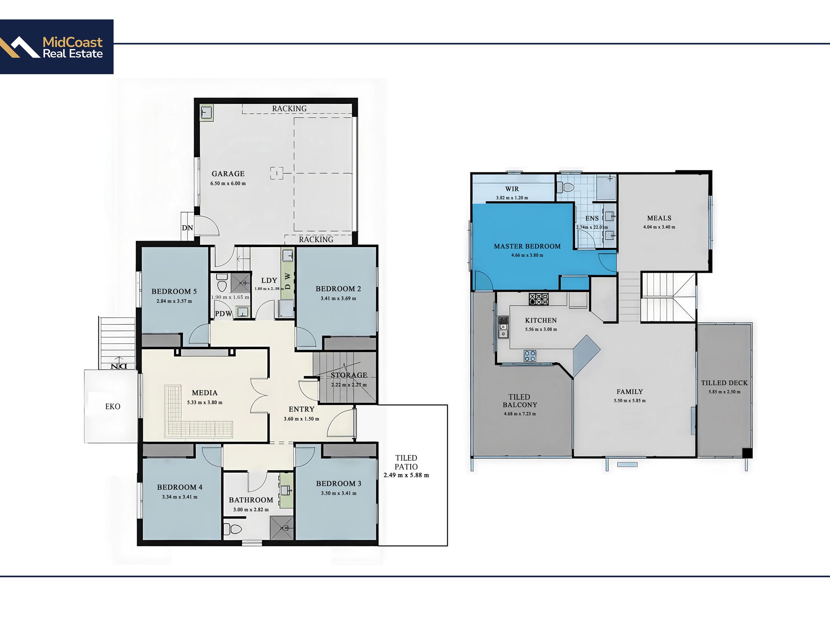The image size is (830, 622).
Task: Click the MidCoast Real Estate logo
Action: coord(57,47)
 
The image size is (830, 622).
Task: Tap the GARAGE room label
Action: coord(228,174)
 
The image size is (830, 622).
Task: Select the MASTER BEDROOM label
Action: coord(527,246)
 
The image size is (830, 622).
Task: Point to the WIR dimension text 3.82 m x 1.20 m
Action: coord(512,198)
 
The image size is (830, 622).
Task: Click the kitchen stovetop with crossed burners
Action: coord(539,299)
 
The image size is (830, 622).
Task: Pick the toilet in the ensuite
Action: coord(566,188)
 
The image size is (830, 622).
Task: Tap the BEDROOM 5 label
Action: coord(174,291)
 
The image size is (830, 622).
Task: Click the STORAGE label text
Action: coord(349,375)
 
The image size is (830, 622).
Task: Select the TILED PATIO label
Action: coord(406,462)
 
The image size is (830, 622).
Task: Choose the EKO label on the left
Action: coord(113,406)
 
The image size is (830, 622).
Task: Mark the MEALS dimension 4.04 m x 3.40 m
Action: coord(659,227)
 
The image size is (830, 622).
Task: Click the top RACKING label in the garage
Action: coord(289,108)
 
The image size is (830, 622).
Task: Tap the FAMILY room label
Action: coord(629,392)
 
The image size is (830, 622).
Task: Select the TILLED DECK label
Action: coord(724,383)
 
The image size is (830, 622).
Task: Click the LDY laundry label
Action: coord(269,280)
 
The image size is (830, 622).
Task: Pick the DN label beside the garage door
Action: coord(187,228)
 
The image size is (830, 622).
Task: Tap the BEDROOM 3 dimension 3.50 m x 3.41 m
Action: coord(339,493)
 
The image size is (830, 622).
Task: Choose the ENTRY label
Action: coord(301,409)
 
